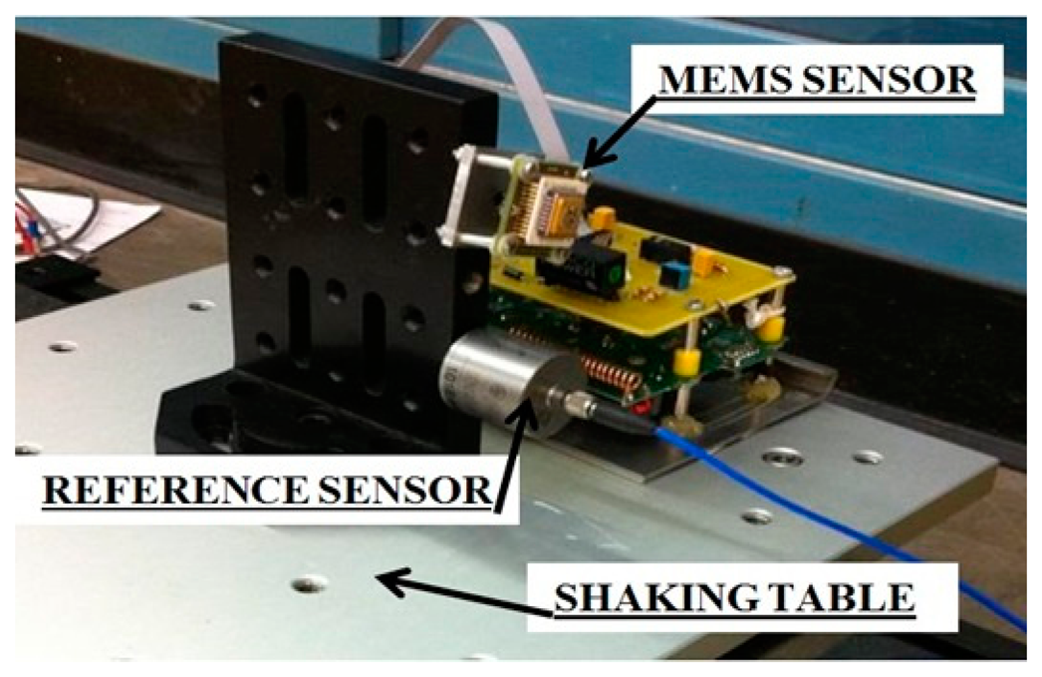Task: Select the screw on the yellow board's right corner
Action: tap(786, 271)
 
